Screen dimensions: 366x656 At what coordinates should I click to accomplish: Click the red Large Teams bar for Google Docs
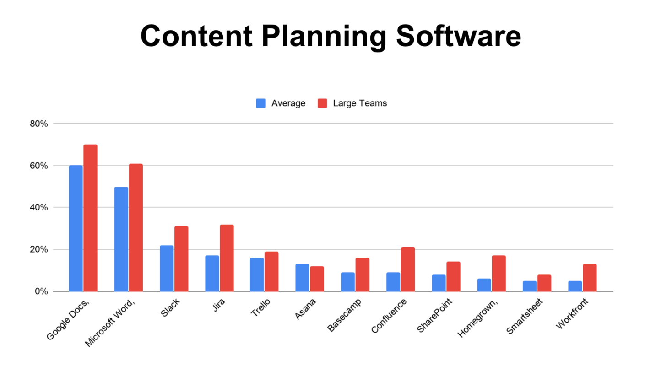click(90, 218)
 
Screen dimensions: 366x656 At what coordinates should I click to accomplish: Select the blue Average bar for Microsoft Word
click(121, 239)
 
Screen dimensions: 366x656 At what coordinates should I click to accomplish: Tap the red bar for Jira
click(227, 258)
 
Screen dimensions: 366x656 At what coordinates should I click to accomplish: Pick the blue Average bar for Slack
click(167, 268)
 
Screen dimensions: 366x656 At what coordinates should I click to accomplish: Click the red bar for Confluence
click(408, 269)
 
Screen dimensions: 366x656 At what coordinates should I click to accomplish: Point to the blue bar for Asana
click(302, 277)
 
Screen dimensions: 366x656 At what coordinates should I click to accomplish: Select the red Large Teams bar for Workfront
click(589, 277)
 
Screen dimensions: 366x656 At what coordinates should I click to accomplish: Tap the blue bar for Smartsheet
click(529, 286)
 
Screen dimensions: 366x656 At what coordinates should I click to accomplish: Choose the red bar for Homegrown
click(499, 273)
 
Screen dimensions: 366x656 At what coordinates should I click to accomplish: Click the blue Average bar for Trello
click(257, 274)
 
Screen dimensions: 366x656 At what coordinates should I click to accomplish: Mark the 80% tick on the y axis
click(39, 124)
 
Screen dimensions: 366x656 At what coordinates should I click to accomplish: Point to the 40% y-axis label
click(39, 207)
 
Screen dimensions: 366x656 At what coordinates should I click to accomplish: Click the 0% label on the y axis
click(41, 291)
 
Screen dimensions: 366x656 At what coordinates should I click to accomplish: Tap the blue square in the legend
click(260, 103)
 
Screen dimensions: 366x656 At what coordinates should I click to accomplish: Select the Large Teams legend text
click(360, 103)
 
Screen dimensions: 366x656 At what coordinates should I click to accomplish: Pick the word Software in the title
click(458, 36)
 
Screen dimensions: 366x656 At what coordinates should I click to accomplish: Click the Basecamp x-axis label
click(345, 315)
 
